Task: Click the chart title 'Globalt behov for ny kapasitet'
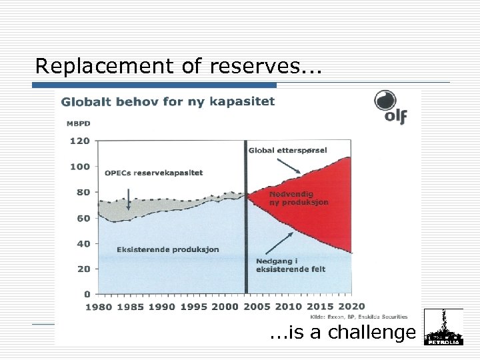click(168, 102)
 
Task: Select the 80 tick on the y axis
click(83, 193)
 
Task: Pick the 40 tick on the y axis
click(83, 244)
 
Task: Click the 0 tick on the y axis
click(87, 294)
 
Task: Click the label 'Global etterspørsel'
click(287, 150)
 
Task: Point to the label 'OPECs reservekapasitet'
click(154, 172)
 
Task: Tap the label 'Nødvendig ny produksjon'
click(298, 197)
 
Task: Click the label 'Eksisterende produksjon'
click(167, 249)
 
